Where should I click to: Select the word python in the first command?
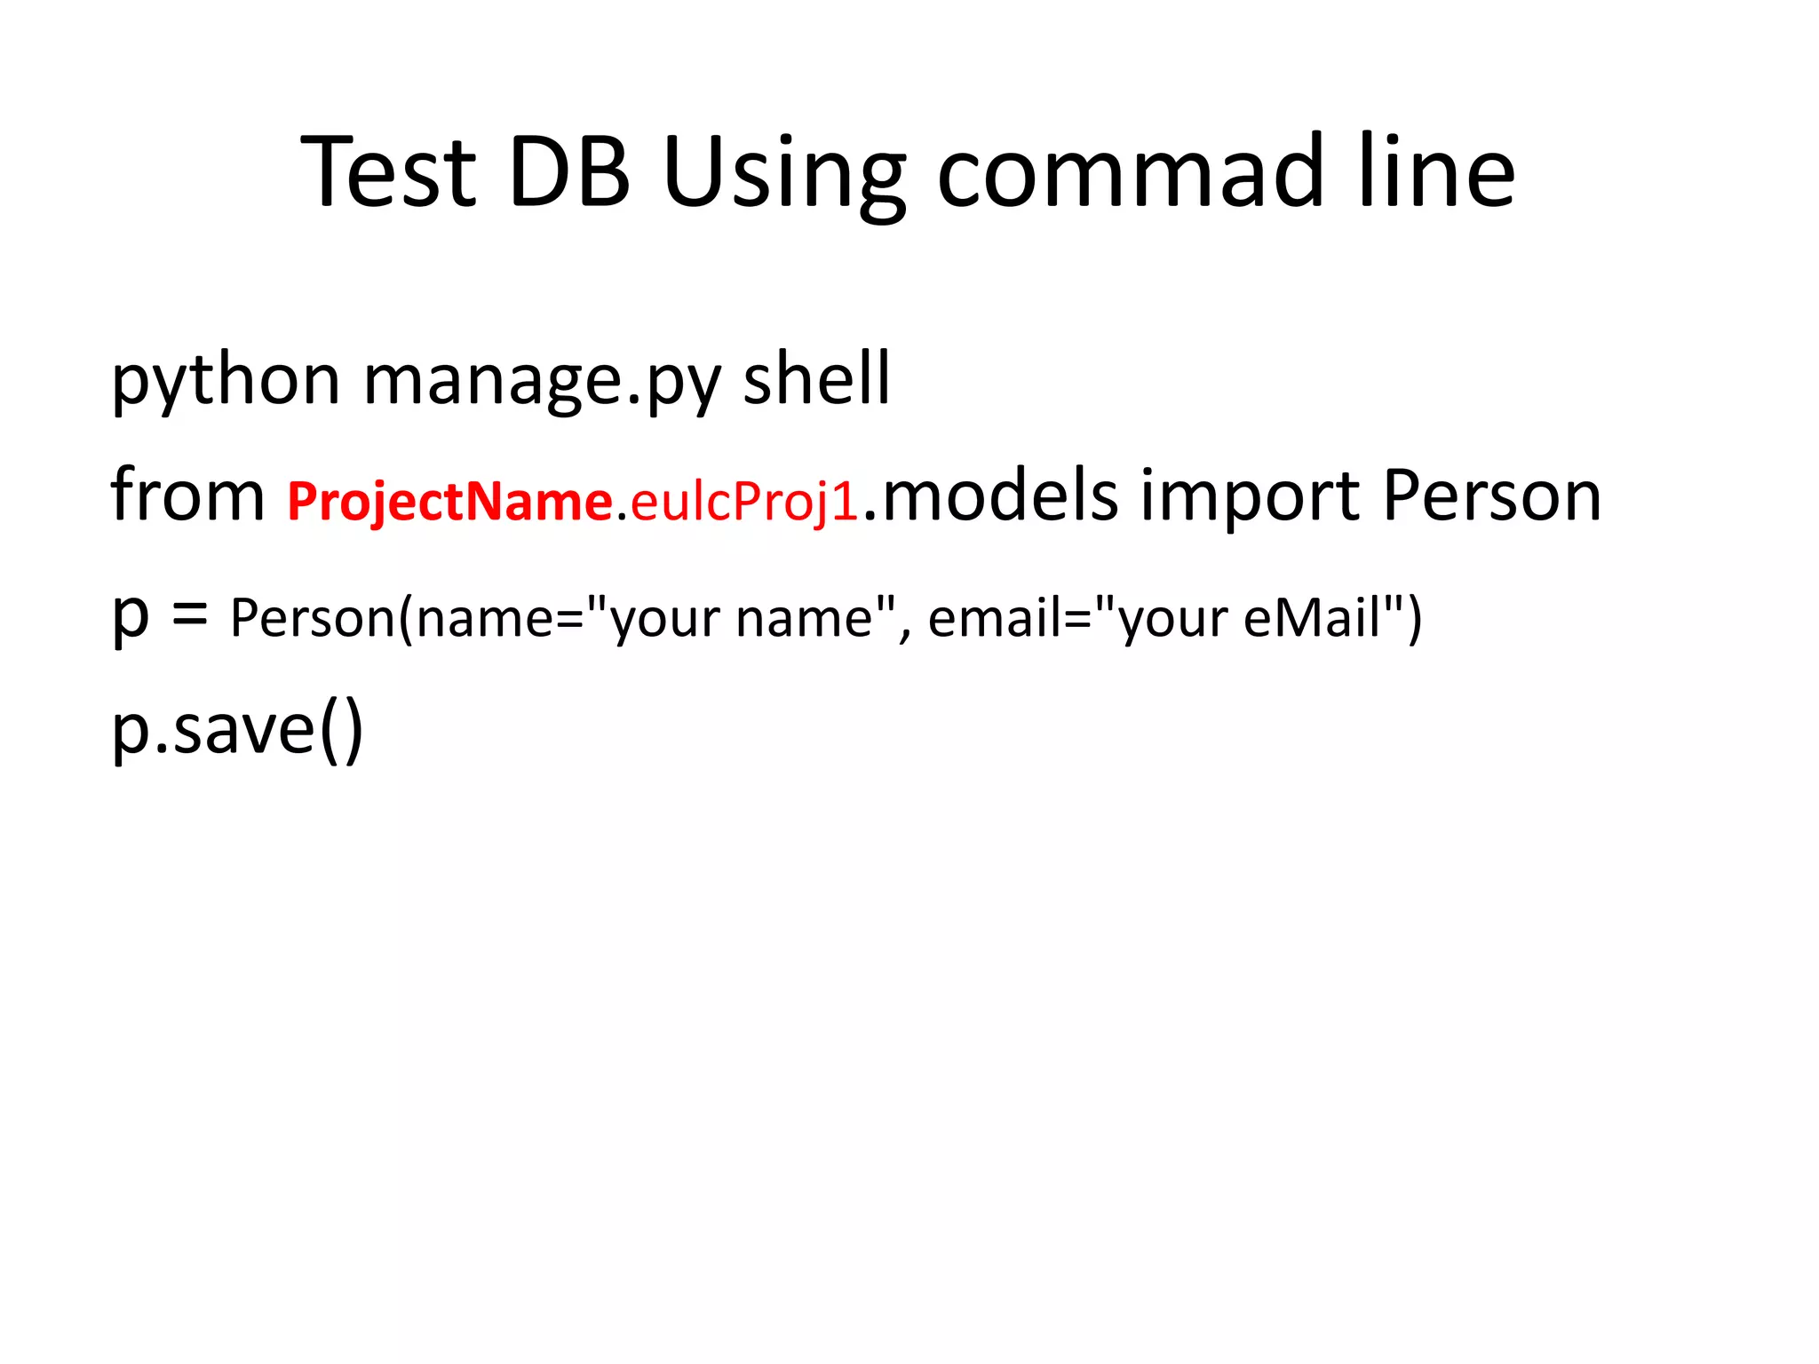coord(226,380)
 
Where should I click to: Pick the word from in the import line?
coord(187,495)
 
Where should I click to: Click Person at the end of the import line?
coord(1492,495)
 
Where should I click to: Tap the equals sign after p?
coord(189,614)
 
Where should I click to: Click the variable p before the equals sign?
coord(130,617)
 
